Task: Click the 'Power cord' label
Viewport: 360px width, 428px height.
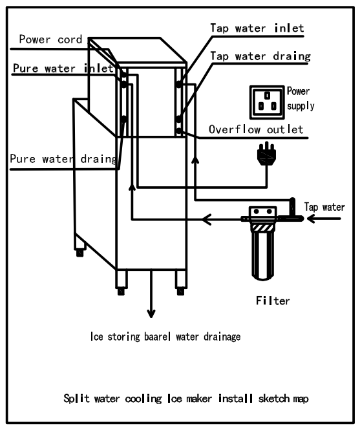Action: [50, 39]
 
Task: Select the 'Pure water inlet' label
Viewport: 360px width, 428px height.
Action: [63, 68]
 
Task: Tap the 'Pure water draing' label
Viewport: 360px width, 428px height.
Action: [63, 158]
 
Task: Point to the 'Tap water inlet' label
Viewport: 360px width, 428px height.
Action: [257, 28]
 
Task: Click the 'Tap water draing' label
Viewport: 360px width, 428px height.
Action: [260, 56]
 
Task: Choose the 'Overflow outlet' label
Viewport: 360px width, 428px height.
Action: [256, 129]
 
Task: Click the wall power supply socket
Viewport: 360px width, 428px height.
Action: [267, 102]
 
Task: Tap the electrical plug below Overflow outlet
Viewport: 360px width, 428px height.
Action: [267, 155]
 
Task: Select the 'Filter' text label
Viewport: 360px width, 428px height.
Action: [273, 301]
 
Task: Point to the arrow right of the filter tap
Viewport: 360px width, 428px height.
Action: [324, 219]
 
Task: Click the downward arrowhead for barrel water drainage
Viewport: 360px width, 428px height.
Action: [151, 314]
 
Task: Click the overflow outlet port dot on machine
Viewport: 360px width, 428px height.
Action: [179, 131]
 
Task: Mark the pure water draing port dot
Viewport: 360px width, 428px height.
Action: [124, 119]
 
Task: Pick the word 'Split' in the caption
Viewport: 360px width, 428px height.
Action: [76, 398]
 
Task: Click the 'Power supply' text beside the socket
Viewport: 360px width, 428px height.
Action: [301, 98]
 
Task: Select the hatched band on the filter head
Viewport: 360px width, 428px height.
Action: [263, 228]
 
